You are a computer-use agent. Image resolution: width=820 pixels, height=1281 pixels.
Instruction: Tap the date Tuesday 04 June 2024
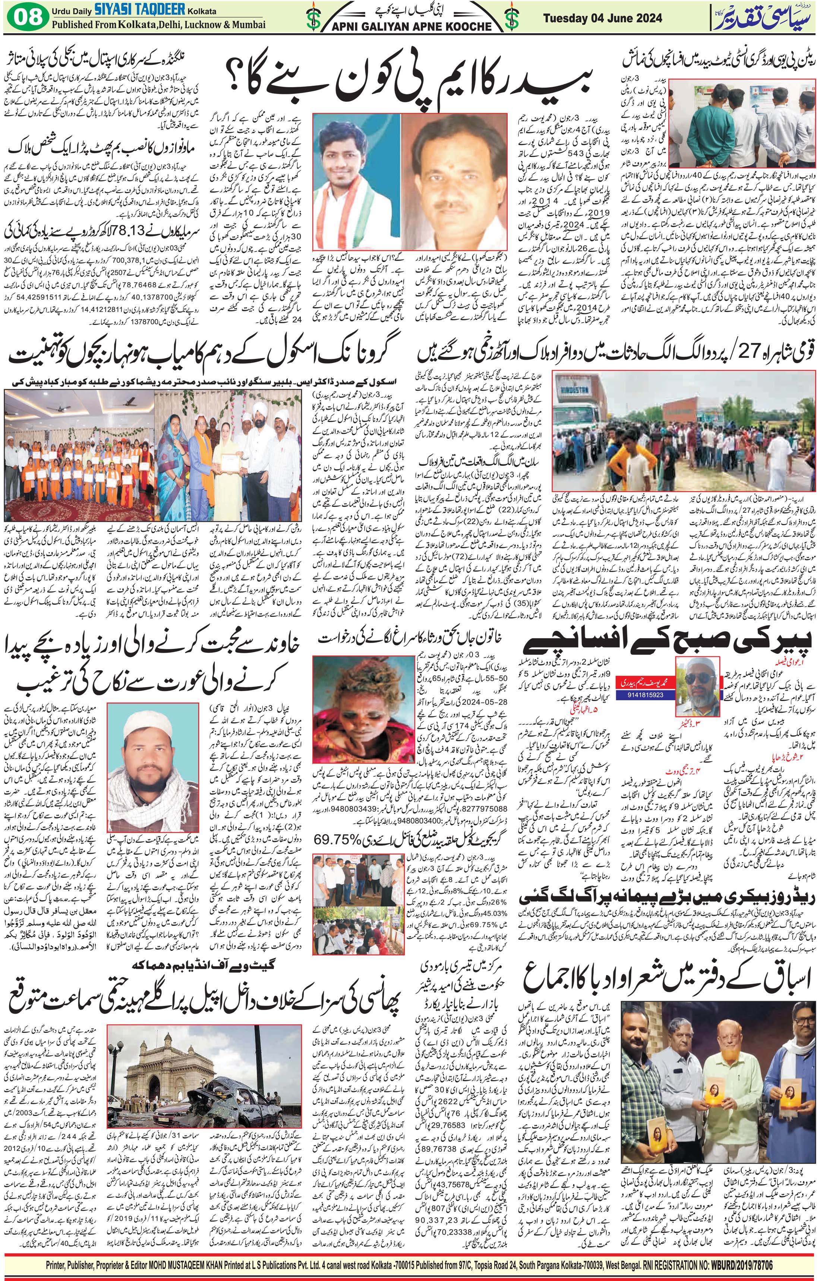click(x=602, y=18)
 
